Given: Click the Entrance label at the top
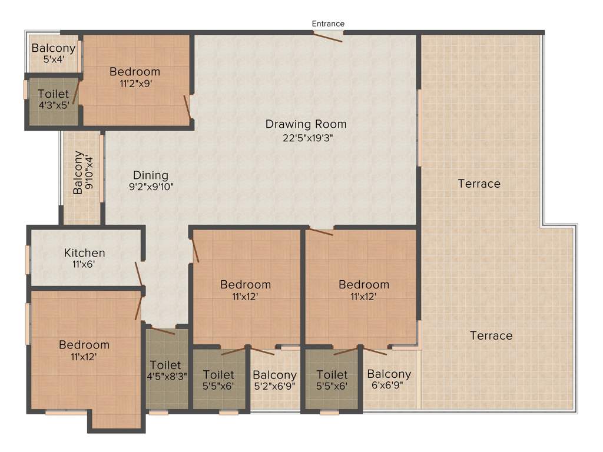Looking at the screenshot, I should (328, 24).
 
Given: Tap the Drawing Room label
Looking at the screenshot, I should (306, 124).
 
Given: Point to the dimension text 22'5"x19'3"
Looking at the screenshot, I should (306, 139).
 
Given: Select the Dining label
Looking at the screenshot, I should (151, 175).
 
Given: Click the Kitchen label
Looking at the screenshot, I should (85, 253).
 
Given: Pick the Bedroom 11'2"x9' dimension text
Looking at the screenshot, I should (135, 84).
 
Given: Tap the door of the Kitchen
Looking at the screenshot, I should (139, 274).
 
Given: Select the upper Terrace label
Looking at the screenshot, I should (479, 184).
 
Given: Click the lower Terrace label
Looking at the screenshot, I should (491, 335).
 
